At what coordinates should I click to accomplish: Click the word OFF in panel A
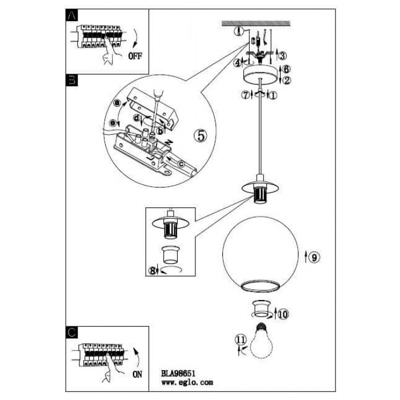coord(135,56)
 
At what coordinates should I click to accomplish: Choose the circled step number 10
coord(284,313)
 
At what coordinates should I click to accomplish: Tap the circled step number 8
coord(153,271)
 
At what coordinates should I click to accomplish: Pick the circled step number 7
coord(246,95)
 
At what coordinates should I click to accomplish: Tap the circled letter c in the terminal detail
coord(181,166)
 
